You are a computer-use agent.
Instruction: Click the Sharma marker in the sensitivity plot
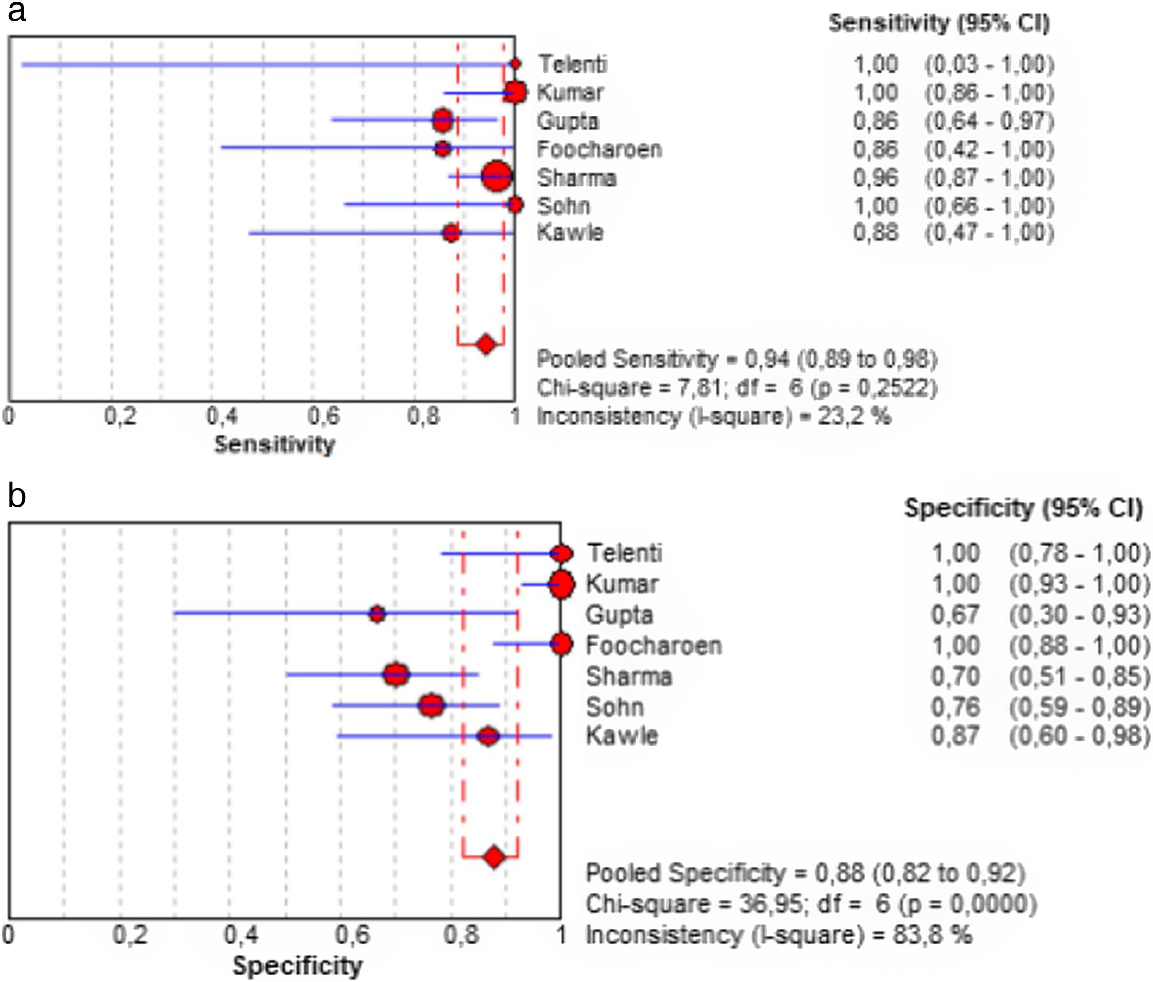click(497, 176)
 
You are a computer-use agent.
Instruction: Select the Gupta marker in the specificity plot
click(377, 614)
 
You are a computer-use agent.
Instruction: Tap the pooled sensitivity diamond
click(486, 344)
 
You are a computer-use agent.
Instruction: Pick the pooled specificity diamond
click(495, 857)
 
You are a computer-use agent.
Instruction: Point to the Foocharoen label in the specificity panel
click(654, 645)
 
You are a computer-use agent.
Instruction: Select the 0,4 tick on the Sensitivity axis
click(222, 415)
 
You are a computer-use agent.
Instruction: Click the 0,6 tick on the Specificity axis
click(352, 934)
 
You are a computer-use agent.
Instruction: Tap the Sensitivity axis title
click(275, 444)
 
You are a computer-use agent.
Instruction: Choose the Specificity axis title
click(297, 966)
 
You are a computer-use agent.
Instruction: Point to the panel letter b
click(17, 495)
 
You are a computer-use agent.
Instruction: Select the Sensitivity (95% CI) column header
click(939, 23)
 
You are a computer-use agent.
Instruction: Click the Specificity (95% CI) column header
click(1023, 508)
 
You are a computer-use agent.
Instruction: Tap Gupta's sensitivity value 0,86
click(876, 121)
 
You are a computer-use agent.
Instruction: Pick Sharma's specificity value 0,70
click(955, 676)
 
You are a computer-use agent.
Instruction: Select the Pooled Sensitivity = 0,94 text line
click(737, 359)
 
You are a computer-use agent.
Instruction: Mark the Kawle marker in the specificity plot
click(488, 736)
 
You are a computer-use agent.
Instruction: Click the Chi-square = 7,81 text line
click(737, 388)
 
